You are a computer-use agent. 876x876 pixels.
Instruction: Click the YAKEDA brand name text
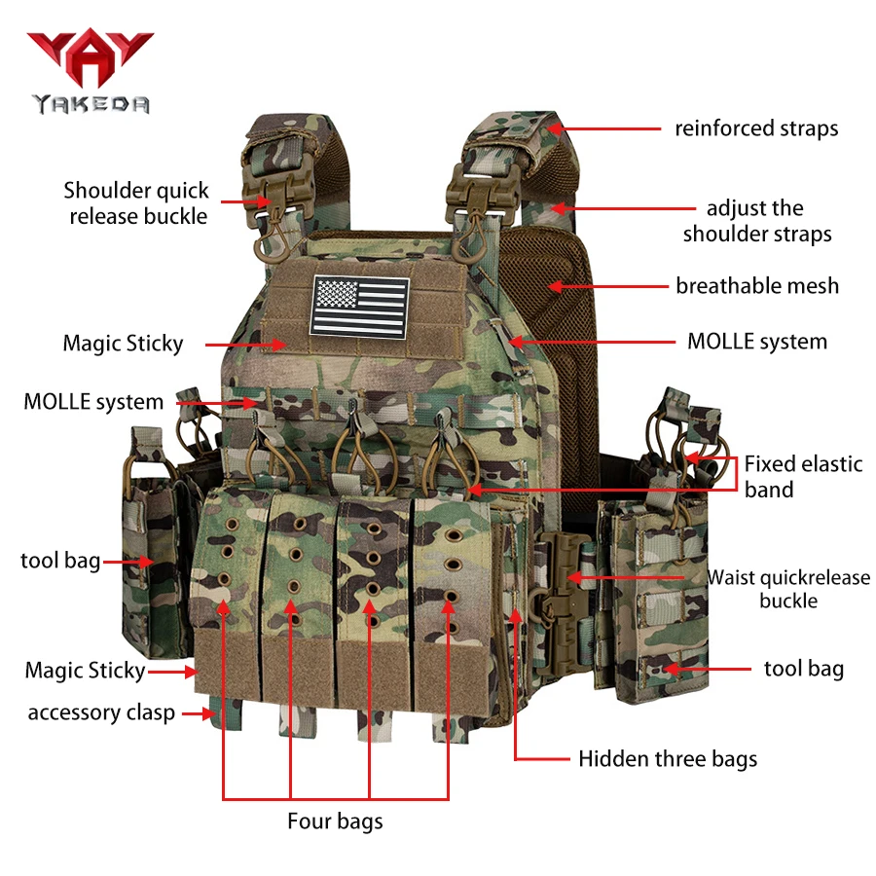tap(91, 104)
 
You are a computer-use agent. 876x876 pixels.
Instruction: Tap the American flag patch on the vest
tap(360, 307)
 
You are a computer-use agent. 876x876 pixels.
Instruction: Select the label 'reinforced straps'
tap(756, 128)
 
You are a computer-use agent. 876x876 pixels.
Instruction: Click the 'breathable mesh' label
tap(757, 285)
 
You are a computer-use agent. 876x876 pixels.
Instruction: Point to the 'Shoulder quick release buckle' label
tap(136, 203)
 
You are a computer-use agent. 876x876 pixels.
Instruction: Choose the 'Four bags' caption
tap(335, 821)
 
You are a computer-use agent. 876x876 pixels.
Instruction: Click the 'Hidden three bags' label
tap(668, 758)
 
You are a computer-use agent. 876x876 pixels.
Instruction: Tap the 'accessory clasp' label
tap(101, 712)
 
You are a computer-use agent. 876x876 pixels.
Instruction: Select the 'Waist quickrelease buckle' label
tap(788, 589)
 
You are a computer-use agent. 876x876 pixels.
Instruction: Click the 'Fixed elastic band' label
tap(803, 477)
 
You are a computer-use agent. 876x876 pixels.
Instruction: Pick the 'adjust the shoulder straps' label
tap(757, 221)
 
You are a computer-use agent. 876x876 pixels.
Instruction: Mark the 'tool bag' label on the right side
tap(804, 669)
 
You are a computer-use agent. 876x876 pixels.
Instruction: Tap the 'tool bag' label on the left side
tap(60, 561)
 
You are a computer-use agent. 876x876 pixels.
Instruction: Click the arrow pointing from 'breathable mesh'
tap(608, 286)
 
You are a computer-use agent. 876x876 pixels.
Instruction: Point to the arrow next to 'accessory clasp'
tap(199, 713)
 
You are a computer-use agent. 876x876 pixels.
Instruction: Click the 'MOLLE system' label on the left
tap(93, 402)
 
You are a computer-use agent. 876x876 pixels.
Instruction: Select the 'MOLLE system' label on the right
tap(757, 342)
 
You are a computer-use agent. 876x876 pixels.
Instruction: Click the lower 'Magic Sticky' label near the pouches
tap(85, 671)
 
